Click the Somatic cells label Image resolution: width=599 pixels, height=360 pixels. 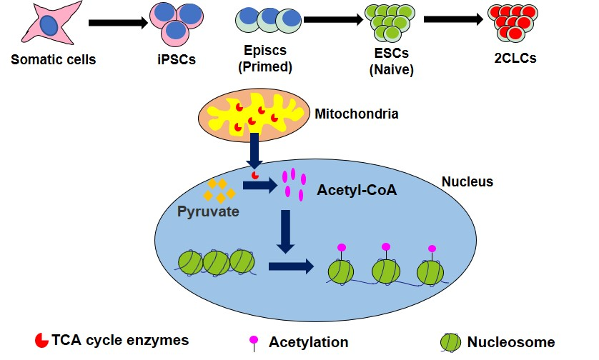pyautogui.click(x=53, y=59)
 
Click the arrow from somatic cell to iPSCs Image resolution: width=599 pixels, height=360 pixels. pyautogui.click(x=118, y=23)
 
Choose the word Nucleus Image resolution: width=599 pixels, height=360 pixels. pyautogui.click(x=468, y=181)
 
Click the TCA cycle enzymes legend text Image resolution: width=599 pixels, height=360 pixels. pyautogui.click(x=120, y=340)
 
